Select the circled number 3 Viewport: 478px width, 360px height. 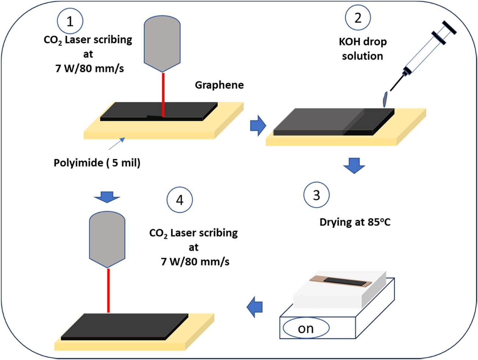pyautogui.click(x=316, y=195)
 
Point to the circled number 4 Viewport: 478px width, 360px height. pyautogui.click(x=179, y=200)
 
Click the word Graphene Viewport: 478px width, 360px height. pyautogui.click(x=219, y=85)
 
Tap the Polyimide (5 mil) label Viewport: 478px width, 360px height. pyautogui.click(x=97, y=163)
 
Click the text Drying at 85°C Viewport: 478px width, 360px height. pyautogui.click(x=355, y=222)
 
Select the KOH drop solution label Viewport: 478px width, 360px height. pyautogui.click(x=363, y=49)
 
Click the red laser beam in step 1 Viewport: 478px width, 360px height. pyautogui.click(x=163, y=94)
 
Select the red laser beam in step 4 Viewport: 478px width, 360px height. pyautogui.click(x=108, y=291)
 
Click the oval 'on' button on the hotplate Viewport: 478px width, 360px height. pyautogui.click(x=306, y=328)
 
